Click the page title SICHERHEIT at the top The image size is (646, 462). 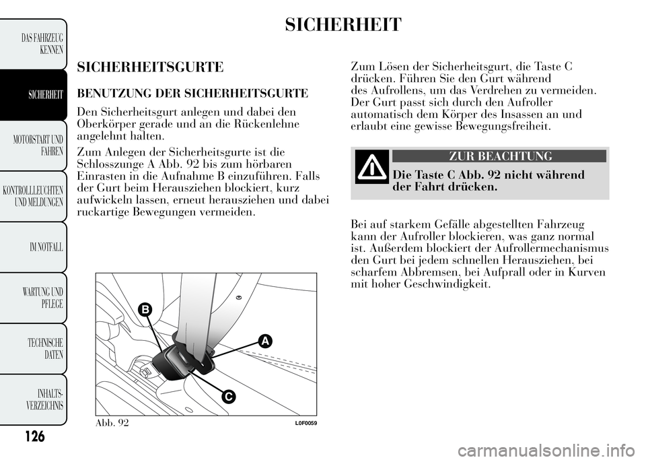pos(343,25)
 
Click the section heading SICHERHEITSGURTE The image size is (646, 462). pos(150,67)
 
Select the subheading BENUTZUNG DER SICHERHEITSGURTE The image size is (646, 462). pos(192,92)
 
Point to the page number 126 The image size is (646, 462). pos(32,437)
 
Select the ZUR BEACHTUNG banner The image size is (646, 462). pos(500,156)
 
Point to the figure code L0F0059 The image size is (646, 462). pos(305,422)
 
